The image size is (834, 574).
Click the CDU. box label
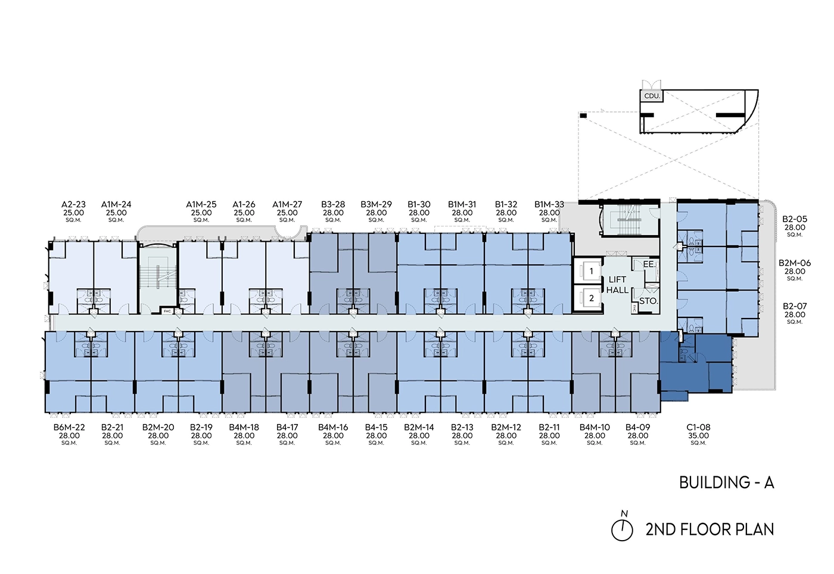click(652, 96)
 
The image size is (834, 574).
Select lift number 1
click(591, 271)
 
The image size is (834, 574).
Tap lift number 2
click(591, 298)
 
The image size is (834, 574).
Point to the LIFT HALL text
click(617, 285)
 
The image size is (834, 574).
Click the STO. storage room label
click(648, 301)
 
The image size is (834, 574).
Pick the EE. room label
click(649, 264)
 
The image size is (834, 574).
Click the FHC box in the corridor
click(167, 311)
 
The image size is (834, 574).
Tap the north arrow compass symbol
click(623, 529)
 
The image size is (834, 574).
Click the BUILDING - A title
click(726, 482)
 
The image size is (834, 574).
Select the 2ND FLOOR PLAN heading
click(709, 529)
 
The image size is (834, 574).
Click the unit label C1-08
click(698, 428)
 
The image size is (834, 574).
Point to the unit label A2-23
click(73, 204)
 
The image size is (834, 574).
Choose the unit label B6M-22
click(69, 428)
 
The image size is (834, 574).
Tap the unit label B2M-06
click(795, 263)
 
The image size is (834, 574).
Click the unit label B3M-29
click(376, 204)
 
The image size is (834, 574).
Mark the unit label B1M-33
click(549, 204)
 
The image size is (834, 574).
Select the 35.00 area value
click(698, 436)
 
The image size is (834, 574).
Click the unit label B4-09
click(637, 428)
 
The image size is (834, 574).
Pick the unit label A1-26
click(244, 204)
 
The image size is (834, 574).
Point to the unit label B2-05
click(795, 219)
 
